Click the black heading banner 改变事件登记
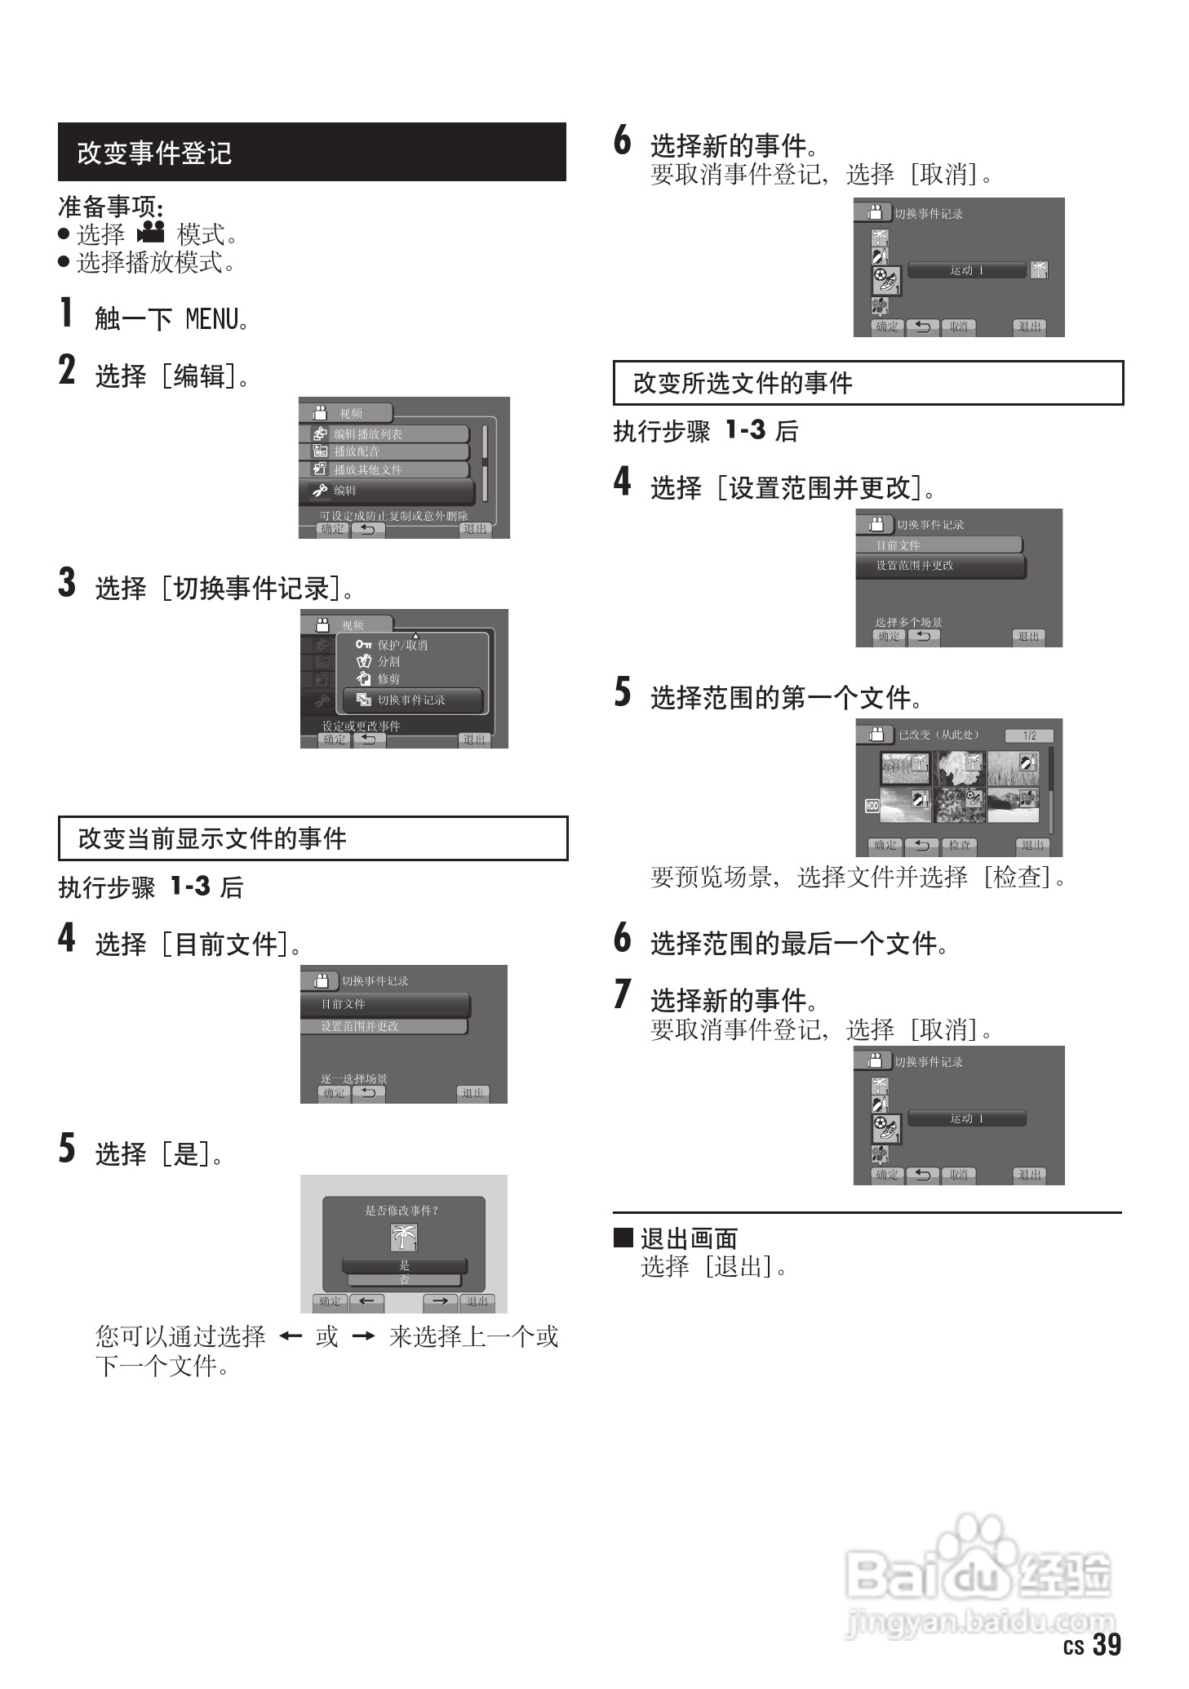click(311, 153)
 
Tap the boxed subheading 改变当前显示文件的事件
click(313, 838)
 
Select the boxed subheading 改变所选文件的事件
click(867, 383)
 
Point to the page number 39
click(1106, 1644)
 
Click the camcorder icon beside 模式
click(151, 233)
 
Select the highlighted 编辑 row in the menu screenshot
click(387, 491)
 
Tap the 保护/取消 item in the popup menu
click(402, 645)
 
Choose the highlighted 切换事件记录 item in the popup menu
click(412, 700)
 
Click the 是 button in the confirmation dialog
click(404, 1265)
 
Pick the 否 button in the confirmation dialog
click(404, 1280)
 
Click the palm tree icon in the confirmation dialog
click(404, 1238)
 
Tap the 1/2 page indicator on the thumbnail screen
click(1029, 736)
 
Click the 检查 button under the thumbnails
click(959, 846)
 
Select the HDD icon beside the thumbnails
click(872, 806)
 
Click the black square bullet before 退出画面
click(623, 1238)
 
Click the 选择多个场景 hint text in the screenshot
click(908, 622)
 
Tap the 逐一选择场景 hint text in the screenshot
click(354, 1079)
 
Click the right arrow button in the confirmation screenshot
click(440, 1301)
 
